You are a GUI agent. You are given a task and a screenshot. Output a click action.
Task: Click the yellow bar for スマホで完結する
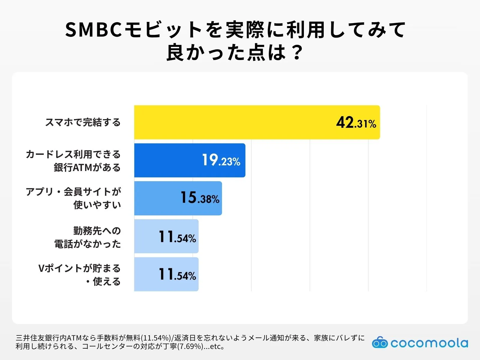234,122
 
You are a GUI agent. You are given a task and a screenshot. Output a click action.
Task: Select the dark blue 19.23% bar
168,160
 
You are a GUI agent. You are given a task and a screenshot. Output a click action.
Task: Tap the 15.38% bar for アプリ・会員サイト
156,198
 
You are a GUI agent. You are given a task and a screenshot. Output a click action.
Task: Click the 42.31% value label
356,123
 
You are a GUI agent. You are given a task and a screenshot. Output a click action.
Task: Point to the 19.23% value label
221,160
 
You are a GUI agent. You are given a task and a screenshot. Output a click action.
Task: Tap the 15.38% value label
200,198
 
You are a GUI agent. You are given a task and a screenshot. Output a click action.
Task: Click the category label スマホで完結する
83,122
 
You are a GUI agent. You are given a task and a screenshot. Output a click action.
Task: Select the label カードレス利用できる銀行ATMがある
73,161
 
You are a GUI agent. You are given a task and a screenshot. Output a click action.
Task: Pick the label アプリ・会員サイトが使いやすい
73,198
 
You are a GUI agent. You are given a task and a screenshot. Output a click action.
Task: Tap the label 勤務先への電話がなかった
88,237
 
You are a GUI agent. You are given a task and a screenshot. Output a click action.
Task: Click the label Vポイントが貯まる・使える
79,275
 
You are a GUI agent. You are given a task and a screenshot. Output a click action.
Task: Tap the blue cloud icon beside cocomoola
380,343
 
